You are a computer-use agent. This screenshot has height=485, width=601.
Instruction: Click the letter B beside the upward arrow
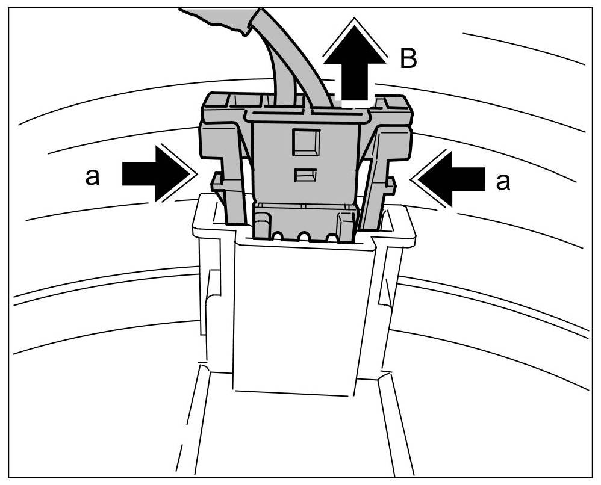click(408, 59)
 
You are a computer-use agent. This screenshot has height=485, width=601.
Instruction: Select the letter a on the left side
click(92, 178)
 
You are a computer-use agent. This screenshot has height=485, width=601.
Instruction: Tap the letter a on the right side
click(502, 181)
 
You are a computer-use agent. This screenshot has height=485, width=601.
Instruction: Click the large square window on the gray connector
click(305, 142)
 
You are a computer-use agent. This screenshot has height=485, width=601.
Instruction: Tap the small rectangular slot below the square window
click(305, 175)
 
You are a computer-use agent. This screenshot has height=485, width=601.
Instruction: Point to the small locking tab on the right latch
click(390, 184)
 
